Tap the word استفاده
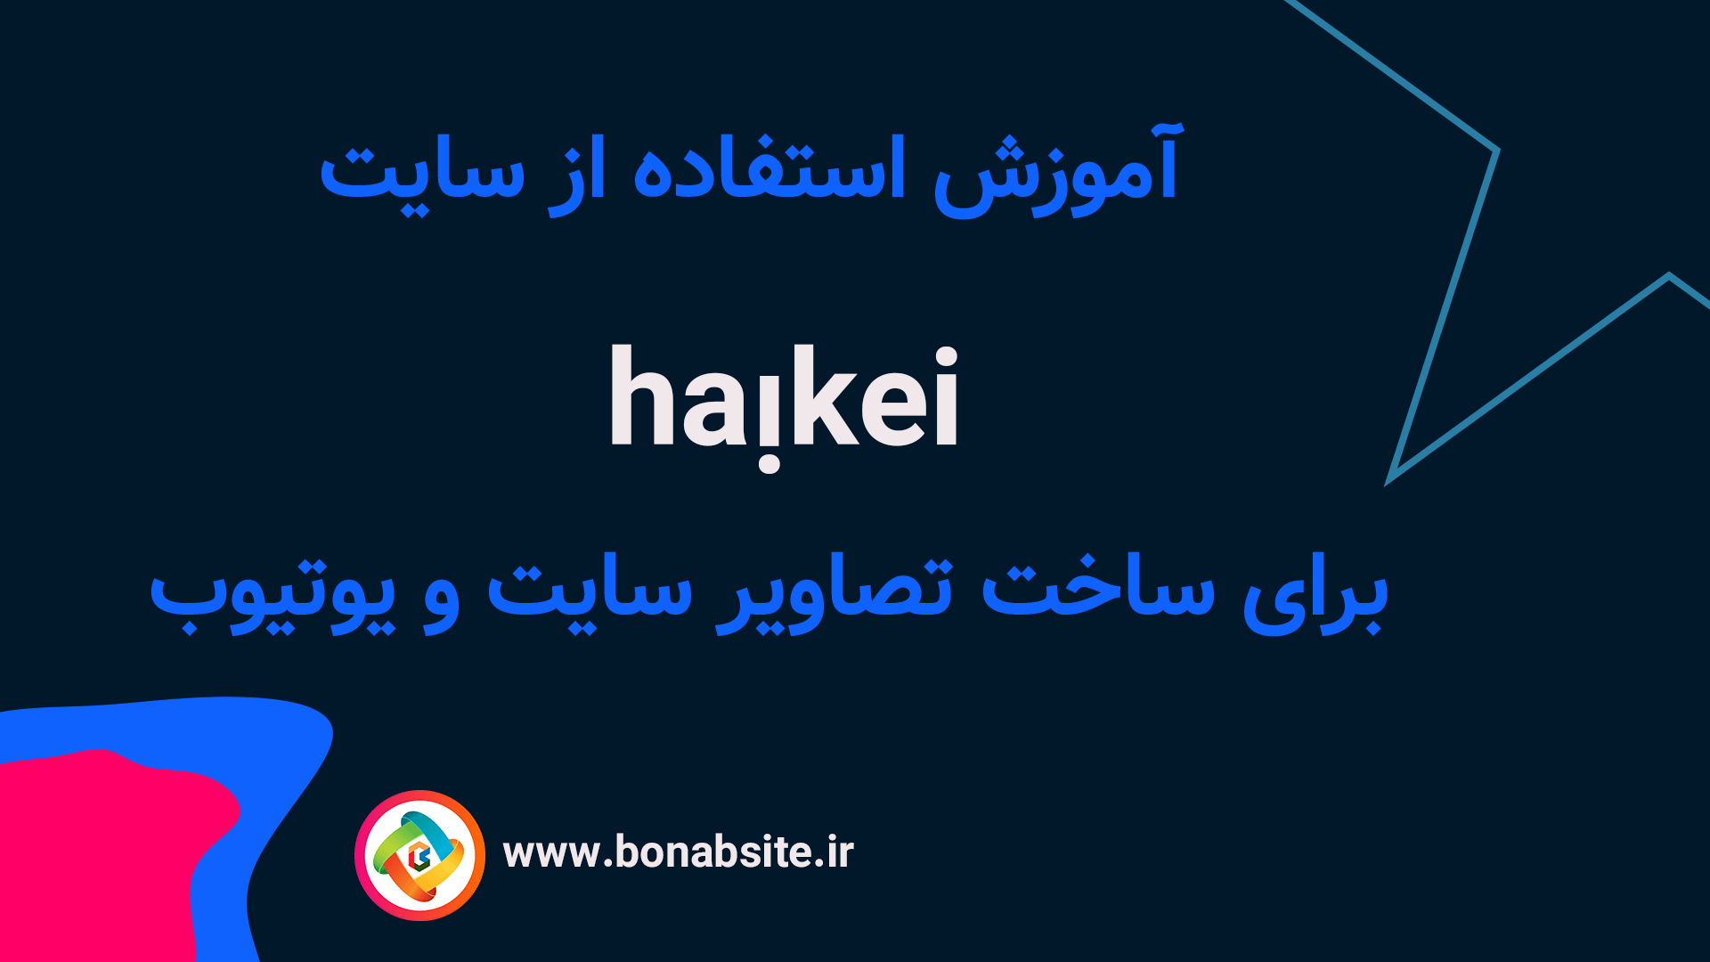click(769, 169)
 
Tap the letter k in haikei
click(819, 396)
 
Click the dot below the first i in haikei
click(769, 463)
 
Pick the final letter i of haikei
click(947, 396)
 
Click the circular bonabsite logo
click(419, 855)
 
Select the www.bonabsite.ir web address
click(678, 852)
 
